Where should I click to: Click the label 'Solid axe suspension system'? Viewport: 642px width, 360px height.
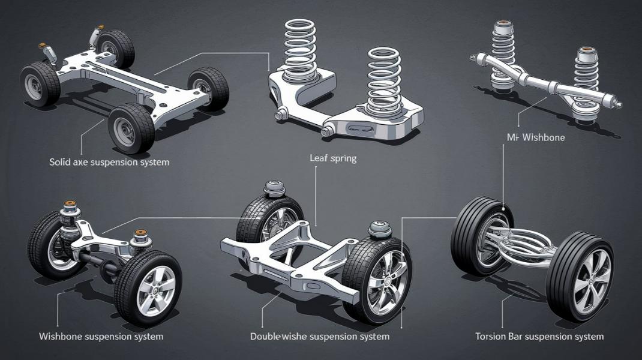click(x=110, y=162)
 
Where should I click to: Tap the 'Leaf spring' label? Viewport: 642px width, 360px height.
click(x=333, y=159)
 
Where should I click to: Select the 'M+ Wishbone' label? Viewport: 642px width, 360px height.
click(x=536, y=137)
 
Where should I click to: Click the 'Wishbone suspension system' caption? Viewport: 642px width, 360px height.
click(x=101, y=336)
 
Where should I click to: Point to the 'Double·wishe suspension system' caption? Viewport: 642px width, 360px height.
click(x=319, y=337)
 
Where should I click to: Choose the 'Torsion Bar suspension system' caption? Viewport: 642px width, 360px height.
click(x=539, y=337)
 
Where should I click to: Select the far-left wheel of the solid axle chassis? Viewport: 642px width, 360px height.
click(x=40, y=84)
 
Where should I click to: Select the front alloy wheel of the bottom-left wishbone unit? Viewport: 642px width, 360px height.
click(x=148, y=288)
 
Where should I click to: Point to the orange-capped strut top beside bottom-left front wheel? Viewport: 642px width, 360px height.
click(x=141, y=236)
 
